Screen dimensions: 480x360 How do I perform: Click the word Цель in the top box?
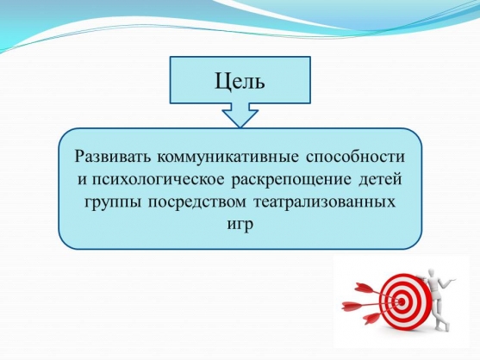pyautogui.click(x=240, y=82)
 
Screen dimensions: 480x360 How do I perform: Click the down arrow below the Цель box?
pyautogui.click(x=240, y=115)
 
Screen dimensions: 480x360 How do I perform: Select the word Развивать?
pyautogui.click(x=112, y=157)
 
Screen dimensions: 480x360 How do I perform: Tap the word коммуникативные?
pyautogui.click(x=228, y=157)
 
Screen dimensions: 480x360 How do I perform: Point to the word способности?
pyautogui.click(x=355, y=158)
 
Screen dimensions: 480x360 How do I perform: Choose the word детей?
pyautogui.click(x=380, y=179)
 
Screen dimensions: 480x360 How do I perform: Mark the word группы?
pyautogui.click(x=113, y=203)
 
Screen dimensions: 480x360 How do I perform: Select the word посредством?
pyautogui.click(x=197, y=202)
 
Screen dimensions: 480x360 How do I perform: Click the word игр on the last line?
pyautogui.click(x=240, y=226)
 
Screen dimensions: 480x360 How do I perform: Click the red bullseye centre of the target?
pyautogui.click(x=402, y=302)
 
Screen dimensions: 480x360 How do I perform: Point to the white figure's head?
pyautogui.click(x=432, y=272)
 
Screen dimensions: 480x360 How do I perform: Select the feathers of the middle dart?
pyautogui.click(x=352, y=305)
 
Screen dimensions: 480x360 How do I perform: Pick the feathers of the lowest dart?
pyautogui.click(x=371, y=318)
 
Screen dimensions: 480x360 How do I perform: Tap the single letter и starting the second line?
pyautogui.click(x=82, y=180)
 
